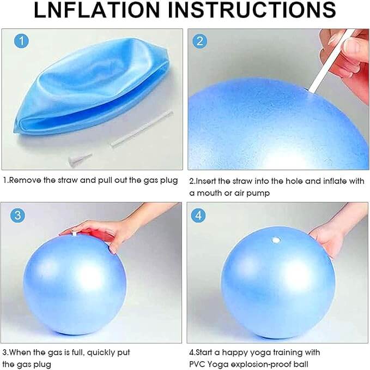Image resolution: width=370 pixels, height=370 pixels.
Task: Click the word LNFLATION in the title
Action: (x=97, y=9)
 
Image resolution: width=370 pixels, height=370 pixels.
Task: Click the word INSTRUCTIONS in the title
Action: (x=252, y=9)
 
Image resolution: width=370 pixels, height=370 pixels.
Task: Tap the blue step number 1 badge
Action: (x=21, y=41)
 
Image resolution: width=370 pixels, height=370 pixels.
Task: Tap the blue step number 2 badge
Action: (x=200, y=41)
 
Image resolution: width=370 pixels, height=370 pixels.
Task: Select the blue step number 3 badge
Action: (x=17, y=215)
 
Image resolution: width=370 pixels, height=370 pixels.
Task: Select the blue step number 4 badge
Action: (x=198, y=216)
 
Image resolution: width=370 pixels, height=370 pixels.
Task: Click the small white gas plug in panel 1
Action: (x=80, y=159)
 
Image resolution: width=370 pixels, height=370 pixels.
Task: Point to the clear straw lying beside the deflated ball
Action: (x=142, y=129)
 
